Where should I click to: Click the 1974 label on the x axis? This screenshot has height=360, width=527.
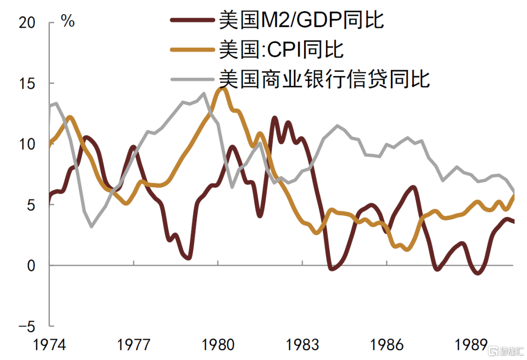[49, 345]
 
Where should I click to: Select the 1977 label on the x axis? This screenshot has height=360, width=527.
[133, 345]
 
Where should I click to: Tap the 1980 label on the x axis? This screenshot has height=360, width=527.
[218, 345]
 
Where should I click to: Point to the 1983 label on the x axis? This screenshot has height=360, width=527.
[302, 345]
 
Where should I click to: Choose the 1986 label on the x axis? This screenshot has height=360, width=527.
[386, 345]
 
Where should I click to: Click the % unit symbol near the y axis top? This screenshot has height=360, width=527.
[68, 22]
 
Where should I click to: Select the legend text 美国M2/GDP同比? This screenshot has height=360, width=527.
[301, 20]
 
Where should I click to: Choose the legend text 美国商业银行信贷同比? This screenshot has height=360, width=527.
[324, 78]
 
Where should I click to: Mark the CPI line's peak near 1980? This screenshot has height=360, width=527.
[223, 89]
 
